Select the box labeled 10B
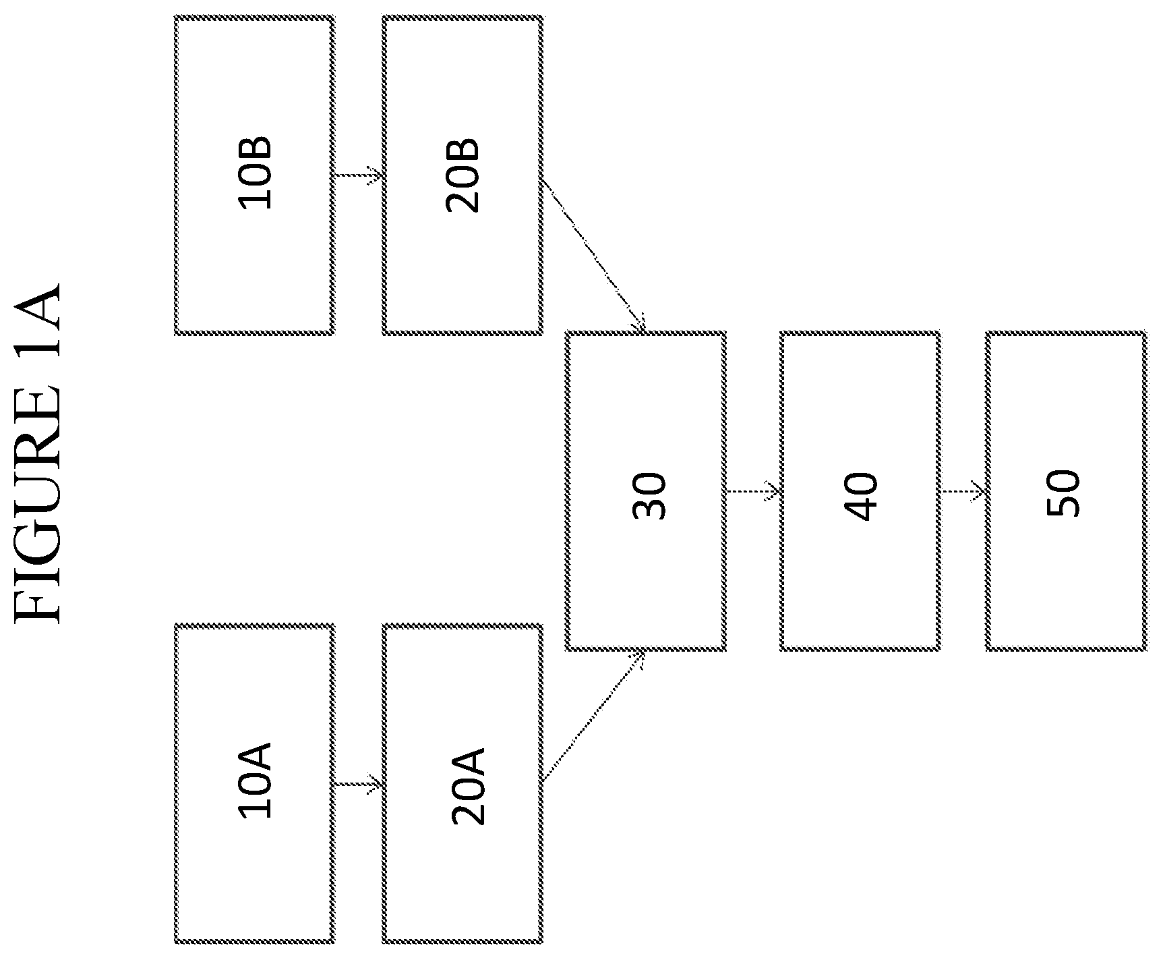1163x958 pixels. click(254, 175)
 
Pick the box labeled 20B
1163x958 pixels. click(463, 175)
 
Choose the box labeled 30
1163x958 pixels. click(646, 491)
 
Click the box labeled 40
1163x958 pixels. click(860, 491)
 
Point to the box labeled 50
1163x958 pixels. click(1067, 491)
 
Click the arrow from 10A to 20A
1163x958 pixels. click(359, 784)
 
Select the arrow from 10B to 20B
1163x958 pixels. click(359, 175)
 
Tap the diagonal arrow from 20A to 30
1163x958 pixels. click(593, 716)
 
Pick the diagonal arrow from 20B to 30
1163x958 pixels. click(593, 255)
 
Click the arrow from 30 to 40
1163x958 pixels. click(753, 491)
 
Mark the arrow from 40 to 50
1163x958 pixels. click(963, 491)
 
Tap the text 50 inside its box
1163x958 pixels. click(1063, 494)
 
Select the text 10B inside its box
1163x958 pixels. click(256, 173)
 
